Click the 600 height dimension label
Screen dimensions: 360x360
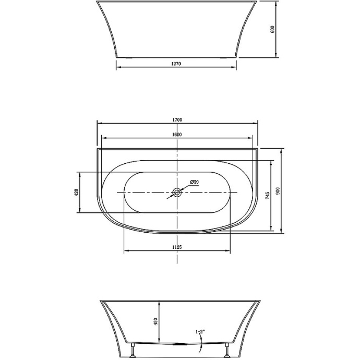(272, 30)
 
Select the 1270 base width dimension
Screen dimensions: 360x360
(176, 64)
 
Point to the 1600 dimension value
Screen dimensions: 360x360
(177, 135)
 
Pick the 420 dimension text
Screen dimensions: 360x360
(77, 193)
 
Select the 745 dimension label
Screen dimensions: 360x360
(268, 196)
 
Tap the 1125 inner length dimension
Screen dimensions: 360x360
(176, 247)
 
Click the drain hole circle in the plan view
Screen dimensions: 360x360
(177, 193)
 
